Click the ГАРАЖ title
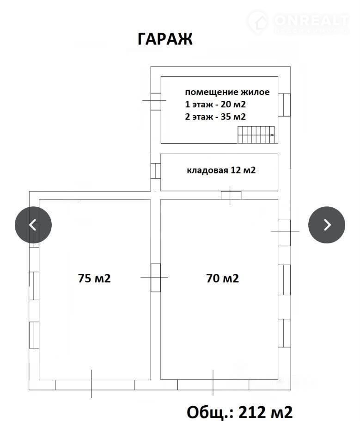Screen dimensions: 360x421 click(x=165, y=39)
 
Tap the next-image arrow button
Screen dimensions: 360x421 click(x=326, y=225)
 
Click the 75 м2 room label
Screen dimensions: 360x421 click(x=94, y=278)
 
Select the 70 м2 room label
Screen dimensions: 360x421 click(x=222, y=278)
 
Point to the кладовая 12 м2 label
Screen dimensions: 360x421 click(x=221, y=170)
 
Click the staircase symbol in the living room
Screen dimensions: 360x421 click(x=256, y=135)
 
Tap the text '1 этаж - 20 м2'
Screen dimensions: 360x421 click(x=215, y=104)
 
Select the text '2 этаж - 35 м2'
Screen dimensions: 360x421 click(x=215, y=117)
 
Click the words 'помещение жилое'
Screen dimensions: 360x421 click(x=227, y=92)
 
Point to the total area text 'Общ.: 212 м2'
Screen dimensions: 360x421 click(x=239, y=412)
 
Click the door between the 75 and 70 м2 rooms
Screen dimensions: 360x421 click(x=156, y=278)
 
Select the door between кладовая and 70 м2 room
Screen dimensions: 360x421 click(x=231, y=195)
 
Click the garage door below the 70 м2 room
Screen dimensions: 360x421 click(x=213, y=385)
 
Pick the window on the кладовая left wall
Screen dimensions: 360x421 click(x=156, y=171)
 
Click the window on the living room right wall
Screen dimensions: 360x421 click(x=284, y=105)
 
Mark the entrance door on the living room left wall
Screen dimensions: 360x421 click(x=156, y=101)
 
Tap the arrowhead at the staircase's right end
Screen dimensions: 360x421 click(x=273, y=135)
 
